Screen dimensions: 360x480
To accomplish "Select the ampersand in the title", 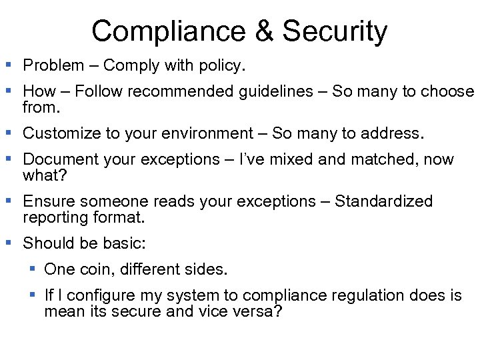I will (x=265, y=31).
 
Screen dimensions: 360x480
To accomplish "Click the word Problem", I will (x=53, y=65).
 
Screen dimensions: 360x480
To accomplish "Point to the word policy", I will (x=223, y=65).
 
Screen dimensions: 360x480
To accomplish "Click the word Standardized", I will (x=383, y=201).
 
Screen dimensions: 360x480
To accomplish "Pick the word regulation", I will (x=361, y=295).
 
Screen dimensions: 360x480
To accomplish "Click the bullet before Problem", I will (x=9, y=65).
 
